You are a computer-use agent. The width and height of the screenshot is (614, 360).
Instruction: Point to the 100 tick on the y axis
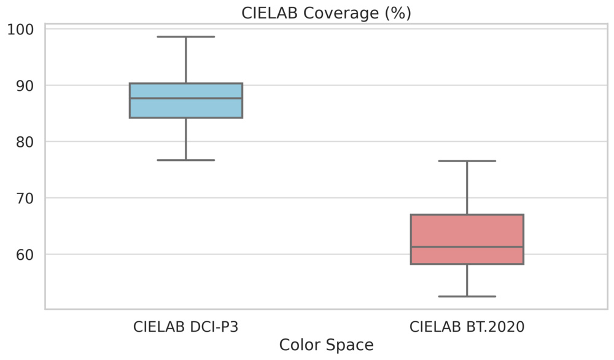22,29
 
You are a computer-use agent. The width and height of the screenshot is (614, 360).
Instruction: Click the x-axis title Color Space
326,345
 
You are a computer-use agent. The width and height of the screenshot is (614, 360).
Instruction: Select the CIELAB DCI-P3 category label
185,326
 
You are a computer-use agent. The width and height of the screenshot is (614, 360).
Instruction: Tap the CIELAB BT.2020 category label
467,326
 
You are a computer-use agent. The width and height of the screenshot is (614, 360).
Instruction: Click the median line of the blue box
185,98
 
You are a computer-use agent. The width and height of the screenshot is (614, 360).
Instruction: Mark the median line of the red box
467,247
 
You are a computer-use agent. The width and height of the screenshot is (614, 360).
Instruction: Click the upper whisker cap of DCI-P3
185,37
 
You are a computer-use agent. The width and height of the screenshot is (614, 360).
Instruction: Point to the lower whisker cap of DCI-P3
185,160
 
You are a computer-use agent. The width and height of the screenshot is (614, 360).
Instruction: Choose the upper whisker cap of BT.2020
467,161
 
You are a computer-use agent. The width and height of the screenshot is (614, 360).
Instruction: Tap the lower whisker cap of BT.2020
467,297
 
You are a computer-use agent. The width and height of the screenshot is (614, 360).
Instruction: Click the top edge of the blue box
185,84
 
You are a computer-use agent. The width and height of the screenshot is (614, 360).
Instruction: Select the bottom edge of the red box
467,264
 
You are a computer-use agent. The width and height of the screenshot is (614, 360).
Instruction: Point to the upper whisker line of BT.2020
467,187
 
